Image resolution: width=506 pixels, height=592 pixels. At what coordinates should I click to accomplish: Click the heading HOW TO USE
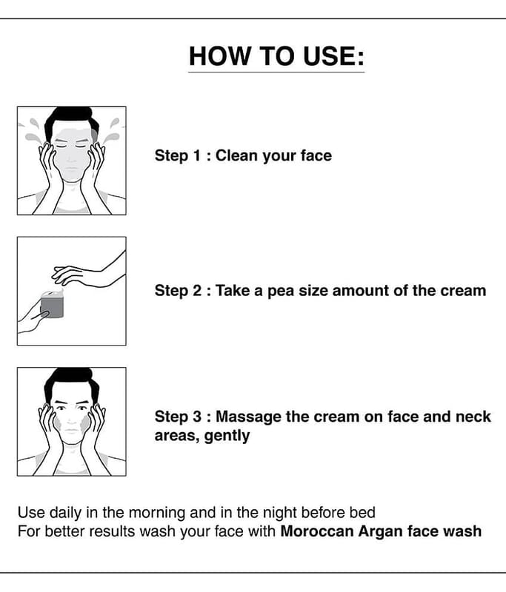pos(276,56)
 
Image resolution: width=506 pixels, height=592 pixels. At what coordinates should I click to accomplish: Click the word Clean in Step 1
pos(236,155)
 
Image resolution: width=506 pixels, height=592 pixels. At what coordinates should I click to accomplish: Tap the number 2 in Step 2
pos(197,291)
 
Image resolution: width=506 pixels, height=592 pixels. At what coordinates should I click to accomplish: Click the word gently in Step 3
pos(227,437)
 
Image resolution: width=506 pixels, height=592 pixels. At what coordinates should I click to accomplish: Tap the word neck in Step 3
pos(473,417)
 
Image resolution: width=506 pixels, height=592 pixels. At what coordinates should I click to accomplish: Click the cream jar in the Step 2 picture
pos(52,304)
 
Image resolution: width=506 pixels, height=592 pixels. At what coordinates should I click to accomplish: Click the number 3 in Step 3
pos(197,417)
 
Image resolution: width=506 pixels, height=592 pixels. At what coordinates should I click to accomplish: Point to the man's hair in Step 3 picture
pos(71,381)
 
